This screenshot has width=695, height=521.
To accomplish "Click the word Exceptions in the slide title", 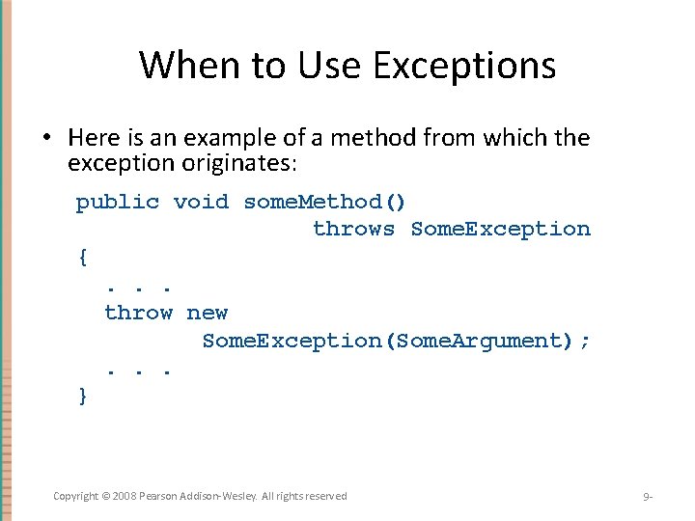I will point(465,66).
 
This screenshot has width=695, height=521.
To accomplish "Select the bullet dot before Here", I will point(45,139).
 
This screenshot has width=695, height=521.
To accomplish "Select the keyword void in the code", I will point(201,202).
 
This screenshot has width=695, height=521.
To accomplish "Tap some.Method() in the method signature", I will point(325,202).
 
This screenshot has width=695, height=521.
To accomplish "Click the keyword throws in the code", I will point(354,229).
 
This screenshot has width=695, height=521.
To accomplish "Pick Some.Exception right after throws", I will point(500,229).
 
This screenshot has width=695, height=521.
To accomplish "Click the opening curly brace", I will point(83,257).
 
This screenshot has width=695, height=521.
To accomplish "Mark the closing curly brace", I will point(83,396).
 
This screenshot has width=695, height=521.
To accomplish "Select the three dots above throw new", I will point(139,287).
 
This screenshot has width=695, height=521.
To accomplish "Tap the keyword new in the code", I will point(208,313).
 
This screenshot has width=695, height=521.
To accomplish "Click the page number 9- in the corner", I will point(648,497).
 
